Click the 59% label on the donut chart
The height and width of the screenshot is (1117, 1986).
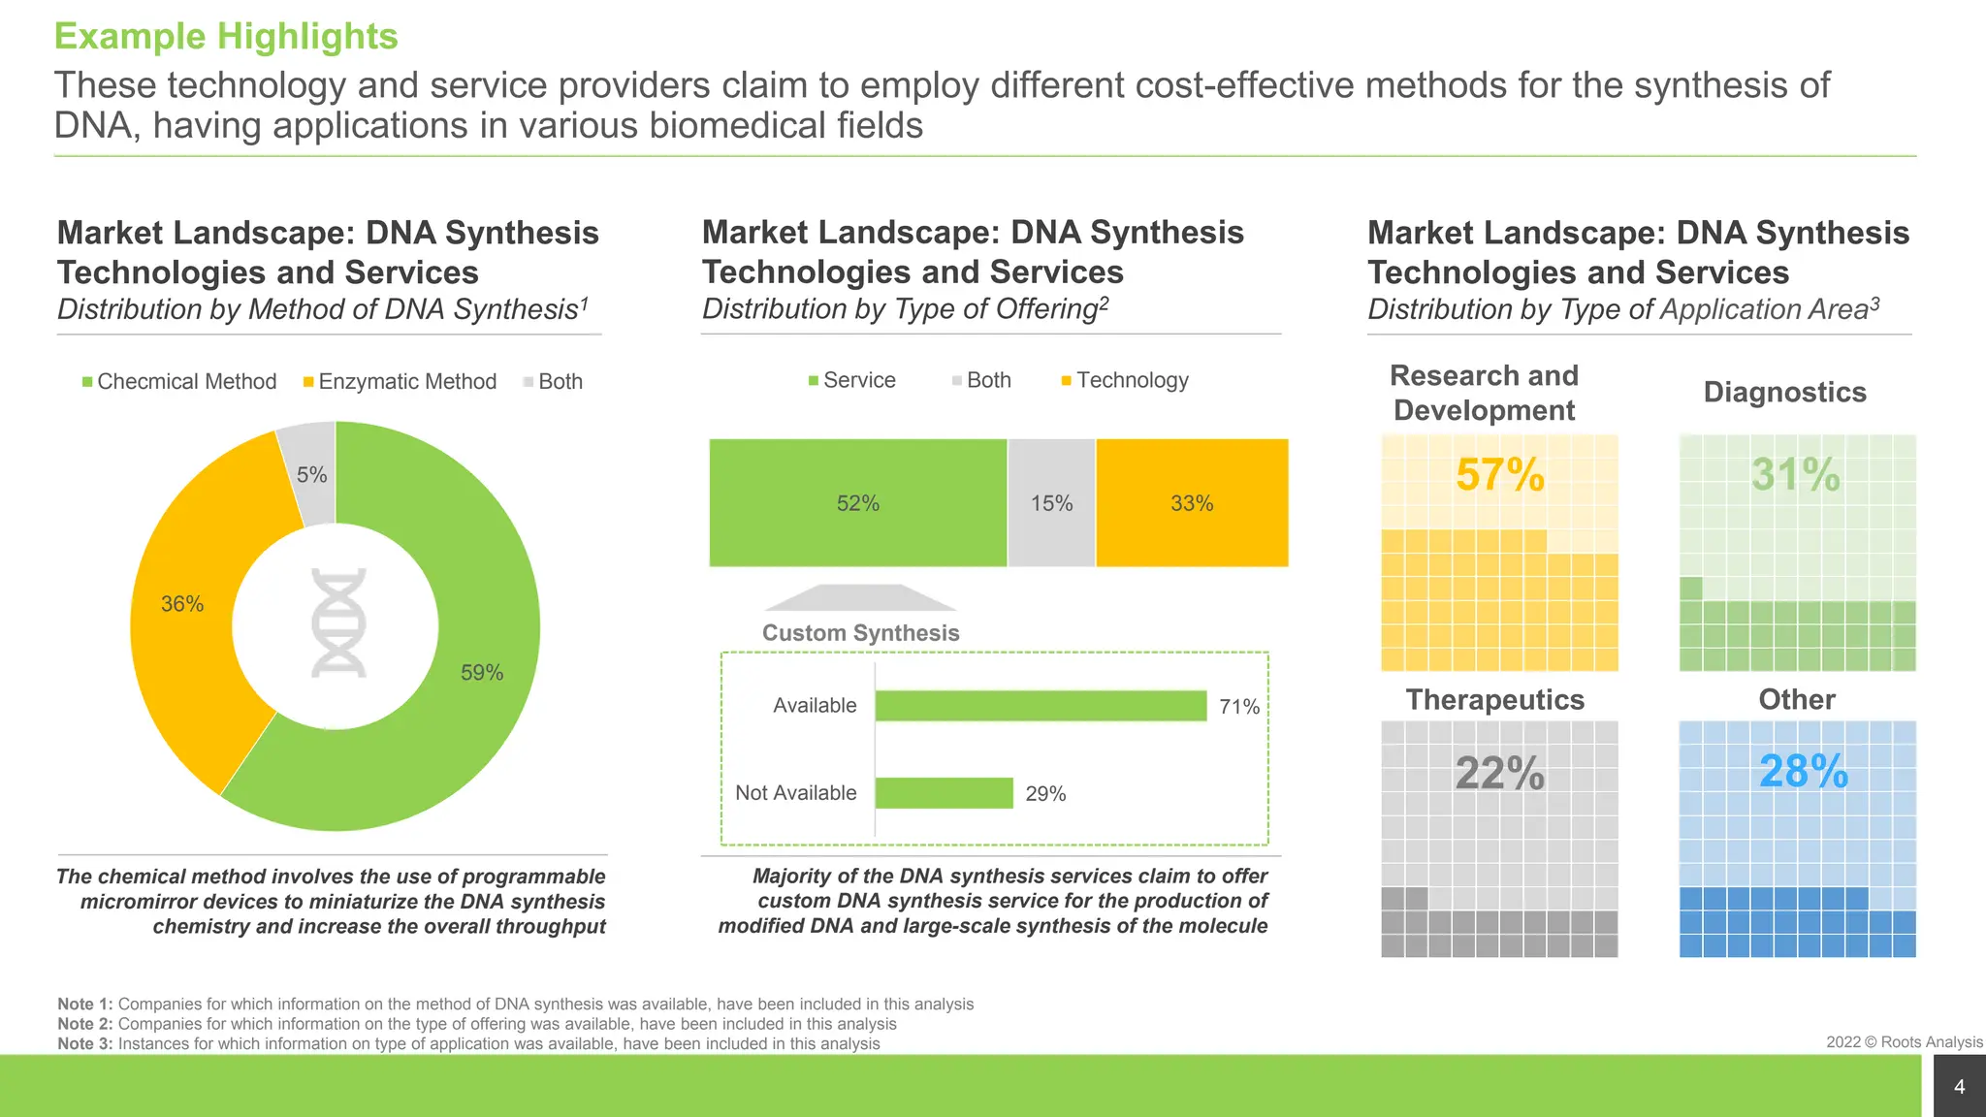(x=481, y=672)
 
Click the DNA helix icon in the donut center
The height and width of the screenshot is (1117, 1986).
(x=338, y=622)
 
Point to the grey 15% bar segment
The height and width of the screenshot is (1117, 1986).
(x=1051, y=503)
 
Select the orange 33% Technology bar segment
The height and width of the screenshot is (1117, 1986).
(x=1191, y=503)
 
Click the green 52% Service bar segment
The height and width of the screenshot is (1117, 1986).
(x=857, y=503)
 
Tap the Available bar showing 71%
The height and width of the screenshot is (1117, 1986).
(x=1040, y=706)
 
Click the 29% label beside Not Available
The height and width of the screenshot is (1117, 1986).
(x=1045, y=793)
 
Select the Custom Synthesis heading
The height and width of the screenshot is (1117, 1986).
(x=860, y=633)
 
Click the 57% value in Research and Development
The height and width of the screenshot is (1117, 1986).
(x=1499, y=475)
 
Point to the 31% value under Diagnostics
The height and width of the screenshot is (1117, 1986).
(x=1795, y=475)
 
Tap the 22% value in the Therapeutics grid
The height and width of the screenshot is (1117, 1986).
(x=1499, y=773)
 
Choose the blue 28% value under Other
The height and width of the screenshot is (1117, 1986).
(x=1803, y=772)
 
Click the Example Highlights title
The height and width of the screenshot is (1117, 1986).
(x=226, y=36)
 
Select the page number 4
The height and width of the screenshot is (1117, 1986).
(x=1959, y=1087)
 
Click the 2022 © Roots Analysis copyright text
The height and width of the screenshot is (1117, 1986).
(x=1904, y=1042)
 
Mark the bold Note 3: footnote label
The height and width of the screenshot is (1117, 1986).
(x=85, y=1043)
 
